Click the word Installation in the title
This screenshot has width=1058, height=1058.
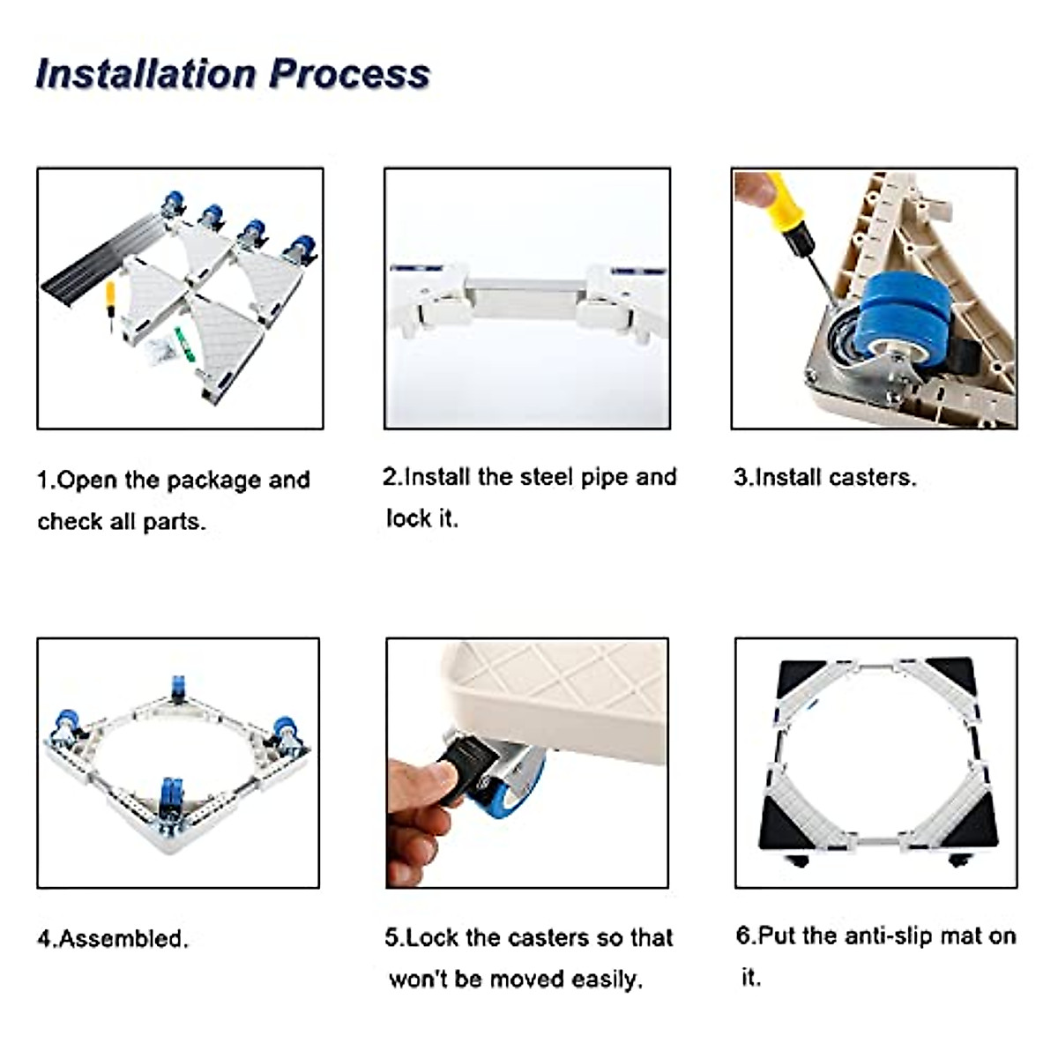click(x=146, y=73)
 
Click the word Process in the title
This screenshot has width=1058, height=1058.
click(x=350, y=73)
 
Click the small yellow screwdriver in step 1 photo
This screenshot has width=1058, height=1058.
click(x=110, y=305)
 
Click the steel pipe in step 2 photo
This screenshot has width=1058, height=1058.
click(x=525, y=296)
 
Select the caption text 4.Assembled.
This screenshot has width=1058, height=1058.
click(x=113, y=939)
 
